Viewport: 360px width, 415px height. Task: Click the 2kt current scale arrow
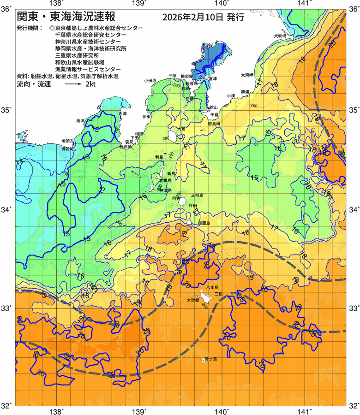pos(73,85)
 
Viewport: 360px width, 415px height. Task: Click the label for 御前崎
pos(67,149)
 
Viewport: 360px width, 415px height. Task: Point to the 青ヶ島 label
pos(210,358)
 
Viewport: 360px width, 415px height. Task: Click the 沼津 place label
pos(122,113)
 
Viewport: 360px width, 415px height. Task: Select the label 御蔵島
pos(204,223)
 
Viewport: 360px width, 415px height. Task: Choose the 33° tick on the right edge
pos(354,308)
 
